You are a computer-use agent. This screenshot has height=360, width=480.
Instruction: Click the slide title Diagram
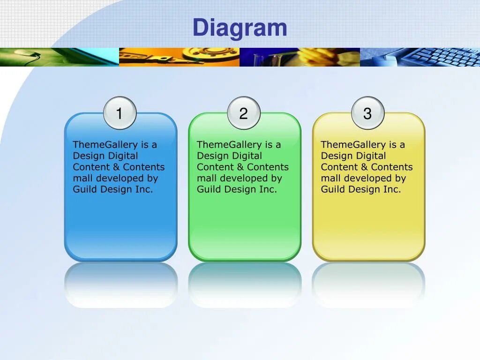tap(240, 28)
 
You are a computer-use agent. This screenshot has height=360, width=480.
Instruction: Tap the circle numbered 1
tap(120, 113)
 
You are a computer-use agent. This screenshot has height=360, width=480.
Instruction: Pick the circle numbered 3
tap(367, 113)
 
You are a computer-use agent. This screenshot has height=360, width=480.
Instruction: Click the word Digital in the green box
tap(246, 156)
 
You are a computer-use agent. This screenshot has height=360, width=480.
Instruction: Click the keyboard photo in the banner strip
tap(420, 57)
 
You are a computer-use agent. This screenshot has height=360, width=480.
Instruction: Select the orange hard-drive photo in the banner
tap(179, 57)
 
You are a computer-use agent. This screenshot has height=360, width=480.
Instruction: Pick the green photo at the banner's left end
tap(59, 57)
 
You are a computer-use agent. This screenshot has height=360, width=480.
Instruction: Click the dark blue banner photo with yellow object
tap(300, 57)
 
